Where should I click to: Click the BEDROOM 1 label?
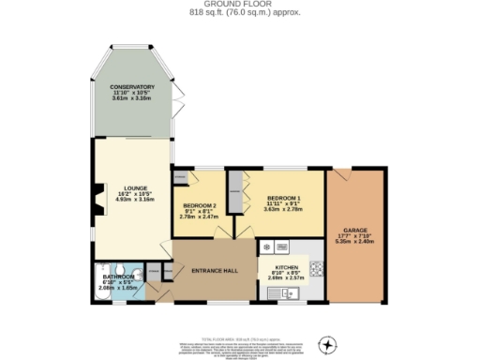point(283,198)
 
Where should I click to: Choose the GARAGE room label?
point(354,229)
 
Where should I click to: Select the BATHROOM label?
point(119,277)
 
